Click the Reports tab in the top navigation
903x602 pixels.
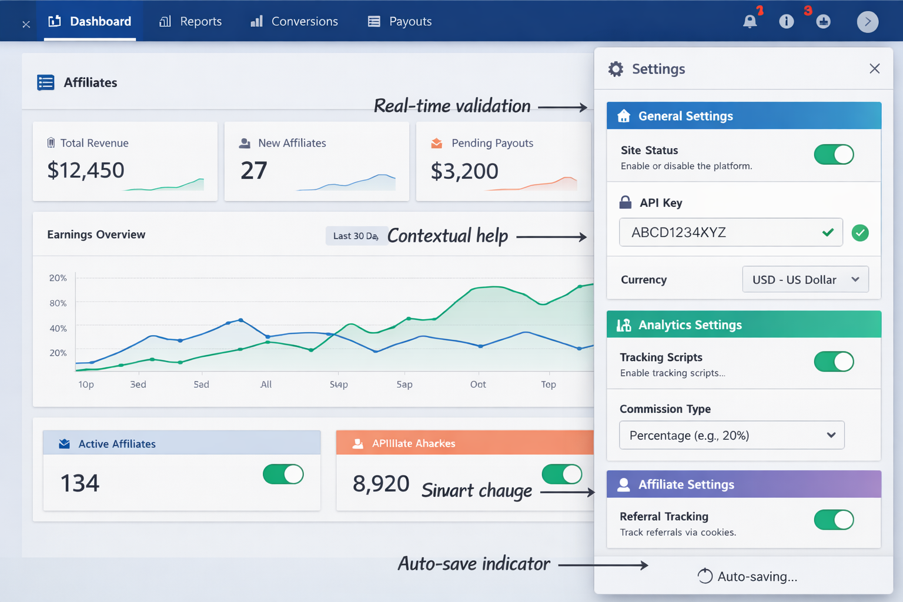190,22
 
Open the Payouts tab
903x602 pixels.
400,22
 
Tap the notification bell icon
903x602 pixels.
750,22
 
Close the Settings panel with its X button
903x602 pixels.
874,69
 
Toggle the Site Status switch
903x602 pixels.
833,155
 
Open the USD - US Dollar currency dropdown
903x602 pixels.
805,280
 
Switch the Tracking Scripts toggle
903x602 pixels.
833,362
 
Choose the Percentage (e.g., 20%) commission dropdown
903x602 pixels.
731,436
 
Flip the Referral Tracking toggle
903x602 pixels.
833,520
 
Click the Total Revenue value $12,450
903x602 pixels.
86,170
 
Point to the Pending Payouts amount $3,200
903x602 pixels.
464,172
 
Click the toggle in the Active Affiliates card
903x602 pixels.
283,474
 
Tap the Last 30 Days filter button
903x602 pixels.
355,236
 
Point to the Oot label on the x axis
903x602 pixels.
478,384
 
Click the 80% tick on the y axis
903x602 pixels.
58,303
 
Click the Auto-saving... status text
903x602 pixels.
757,577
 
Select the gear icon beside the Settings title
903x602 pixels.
616,69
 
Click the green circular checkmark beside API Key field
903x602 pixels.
860,233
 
